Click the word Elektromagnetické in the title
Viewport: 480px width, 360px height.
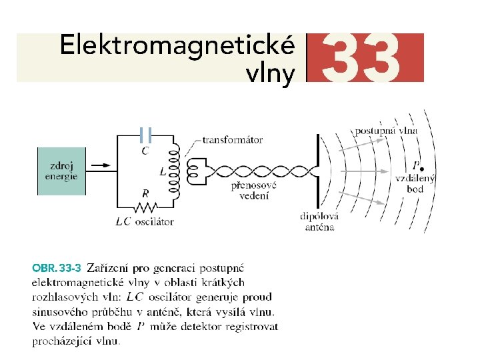176,47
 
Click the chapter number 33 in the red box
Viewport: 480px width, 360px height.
365,57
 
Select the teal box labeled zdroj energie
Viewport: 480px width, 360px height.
61,171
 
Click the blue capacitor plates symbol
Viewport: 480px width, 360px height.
147,135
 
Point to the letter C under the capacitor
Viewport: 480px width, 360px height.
146,151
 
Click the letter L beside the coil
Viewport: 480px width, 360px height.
163,171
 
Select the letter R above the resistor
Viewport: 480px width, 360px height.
145,193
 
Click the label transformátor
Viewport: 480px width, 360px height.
232,140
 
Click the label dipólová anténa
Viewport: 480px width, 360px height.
319,221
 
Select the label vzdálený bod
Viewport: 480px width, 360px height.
415,184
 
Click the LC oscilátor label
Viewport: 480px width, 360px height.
145,221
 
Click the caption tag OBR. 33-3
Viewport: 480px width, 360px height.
57,269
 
